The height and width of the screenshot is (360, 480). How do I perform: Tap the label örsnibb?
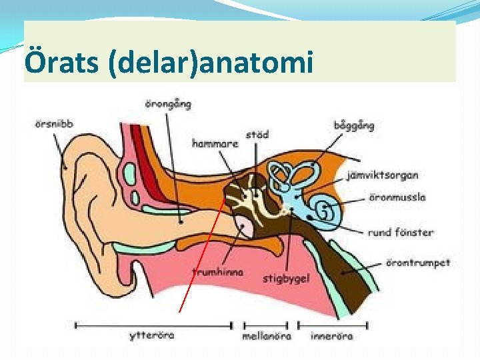(53, 123)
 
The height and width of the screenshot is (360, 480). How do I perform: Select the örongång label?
(168, 103)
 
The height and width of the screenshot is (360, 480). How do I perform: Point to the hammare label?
(215, 143)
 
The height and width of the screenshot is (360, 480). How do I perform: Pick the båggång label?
(353, 125)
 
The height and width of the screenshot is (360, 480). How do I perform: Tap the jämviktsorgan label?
(383, 176)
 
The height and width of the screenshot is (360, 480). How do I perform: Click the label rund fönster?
(400, 233)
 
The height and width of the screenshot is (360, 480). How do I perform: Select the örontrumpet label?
(418, 263)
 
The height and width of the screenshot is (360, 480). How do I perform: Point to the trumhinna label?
(217, 272)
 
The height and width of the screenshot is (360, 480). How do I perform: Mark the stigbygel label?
(286, 278)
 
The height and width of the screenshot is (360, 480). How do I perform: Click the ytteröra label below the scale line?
(151, 335)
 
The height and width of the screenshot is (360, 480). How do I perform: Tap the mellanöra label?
(267, 336)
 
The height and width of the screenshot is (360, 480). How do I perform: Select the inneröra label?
(331, 335)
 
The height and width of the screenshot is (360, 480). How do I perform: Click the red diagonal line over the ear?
(200, 260)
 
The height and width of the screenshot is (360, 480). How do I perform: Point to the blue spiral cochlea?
(325, 211)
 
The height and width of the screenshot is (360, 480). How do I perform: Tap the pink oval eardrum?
(245, 227)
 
